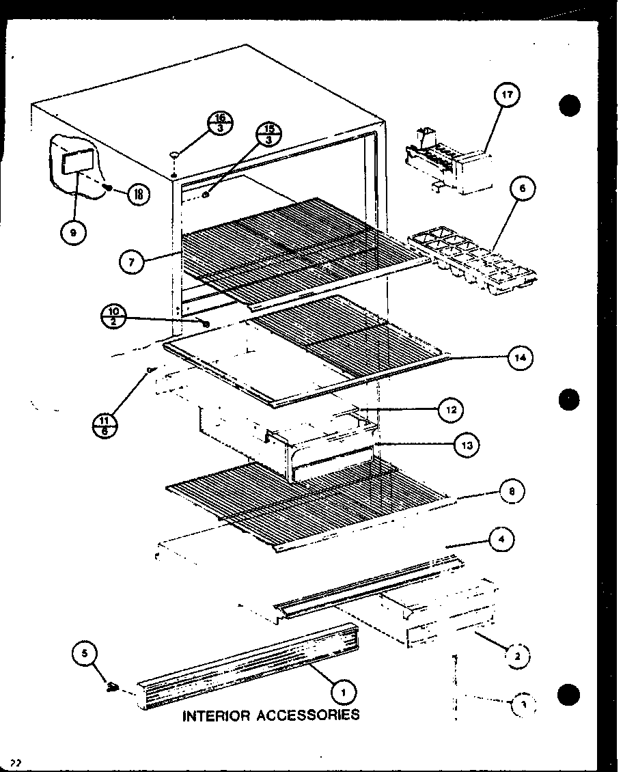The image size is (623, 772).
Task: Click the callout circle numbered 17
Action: coord(506,94)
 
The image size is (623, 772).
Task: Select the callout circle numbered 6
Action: coord(522,189)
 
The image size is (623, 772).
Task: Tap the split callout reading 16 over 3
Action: coord(219,123)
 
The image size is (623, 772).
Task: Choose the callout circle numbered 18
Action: coord(138,193)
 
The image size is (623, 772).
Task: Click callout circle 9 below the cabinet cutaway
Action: coord(73,232)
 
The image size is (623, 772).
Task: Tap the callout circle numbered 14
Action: coord(521,357)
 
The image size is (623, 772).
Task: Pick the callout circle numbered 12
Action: coord(451,410)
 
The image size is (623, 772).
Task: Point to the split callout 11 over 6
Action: coord(104,425)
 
